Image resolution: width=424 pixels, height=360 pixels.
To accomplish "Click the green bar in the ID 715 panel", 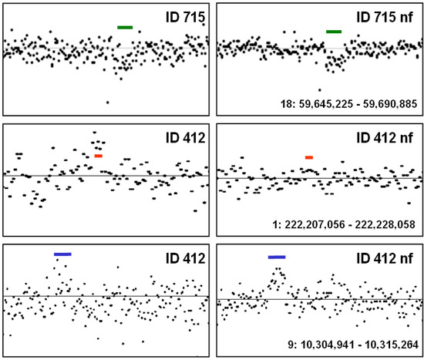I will [125, 28].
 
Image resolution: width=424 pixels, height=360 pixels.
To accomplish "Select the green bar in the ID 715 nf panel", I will [334, 32].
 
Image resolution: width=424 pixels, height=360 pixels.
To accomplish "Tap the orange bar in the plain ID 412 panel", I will [98, 156].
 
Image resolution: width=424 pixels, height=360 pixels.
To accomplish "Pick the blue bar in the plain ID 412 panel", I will [62, 254].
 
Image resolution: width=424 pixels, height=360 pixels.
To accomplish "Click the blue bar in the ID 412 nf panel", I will [277, 257].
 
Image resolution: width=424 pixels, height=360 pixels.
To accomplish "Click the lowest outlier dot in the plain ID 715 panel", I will [107, 102].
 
